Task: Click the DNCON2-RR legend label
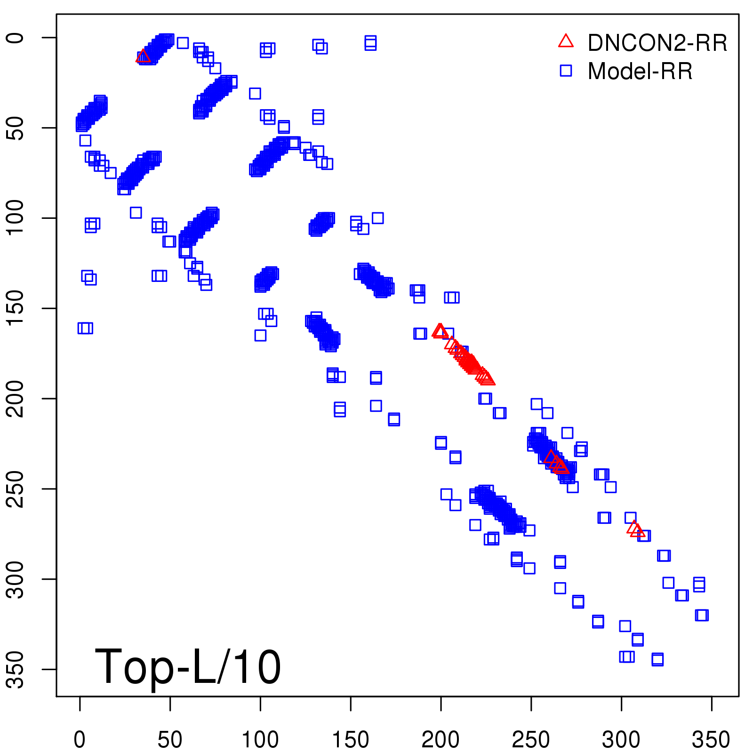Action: click(657, 43)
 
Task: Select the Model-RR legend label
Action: click(640, 72)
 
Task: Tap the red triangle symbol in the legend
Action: click(566, 41)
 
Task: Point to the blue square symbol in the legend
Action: click(566, 71)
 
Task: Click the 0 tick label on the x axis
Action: click(80, 740)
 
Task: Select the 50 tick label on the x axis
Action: click(170, 740)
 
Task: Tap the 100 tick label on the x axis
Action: click(260, 740)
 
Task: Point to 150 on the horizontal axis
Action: click(351, 740)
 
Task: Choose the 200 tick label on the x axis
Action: click(441, 740)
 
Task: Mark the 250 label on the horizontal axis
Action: click(531, 740)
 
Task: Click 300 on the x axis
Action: click(621, 740)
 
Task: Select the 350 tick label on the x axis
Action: click(711, 740)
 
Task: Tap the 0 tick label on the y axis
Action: click(16, 38)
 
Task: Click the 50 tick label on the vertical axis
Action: click(16, 128)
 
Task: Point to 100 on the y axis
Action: click(16, 217)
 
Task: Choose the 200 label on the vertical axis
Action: click(16, 398)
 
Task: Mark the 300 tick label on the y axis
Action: click(16, 579)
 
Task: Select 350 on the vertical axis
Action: click(16, 669)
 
